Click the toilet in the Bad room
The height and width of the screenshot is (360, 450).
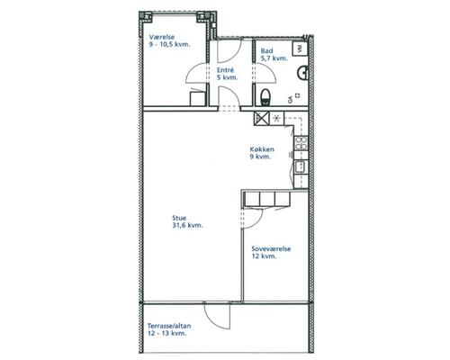(265, 97)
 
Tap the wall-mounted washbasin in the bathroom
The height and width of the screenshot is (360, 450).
(302, 73)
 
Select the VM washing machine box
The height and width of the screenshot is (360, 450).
(300, 49)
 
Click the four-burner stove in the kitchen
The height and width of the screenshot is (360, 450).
(301, 143)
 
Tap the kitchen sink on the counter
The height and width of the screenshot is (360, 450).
(300, 167)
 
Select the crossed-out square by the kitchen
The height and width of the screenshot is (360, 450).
(262, 118)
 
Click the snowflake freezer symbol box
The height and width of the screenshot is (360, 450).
(276, 118)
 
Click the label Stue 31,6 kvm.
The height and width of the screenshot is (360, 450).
(187, 221)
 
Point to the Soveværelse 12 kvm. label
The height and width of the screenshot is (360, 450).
(271, 252)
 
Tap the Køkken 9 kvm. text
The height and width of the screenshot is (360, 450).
(262, 153)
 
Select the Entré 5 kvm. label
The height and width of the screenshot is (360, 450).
(227, 74)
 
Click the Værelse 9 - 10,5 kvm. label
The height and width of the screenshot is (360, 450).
(169, 40)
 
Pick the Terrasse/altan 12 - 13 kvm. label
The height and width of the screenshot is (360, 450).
(169, 329)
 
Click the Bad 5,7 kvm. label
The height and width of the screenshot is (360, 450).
(274, 55)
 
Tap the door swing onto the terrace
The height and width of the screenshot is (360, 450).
(217, 316)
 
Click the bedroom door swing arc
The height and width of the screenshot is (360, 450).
(254, 219)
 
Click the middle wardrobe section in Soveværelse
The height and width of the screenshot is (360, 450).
(267, 199)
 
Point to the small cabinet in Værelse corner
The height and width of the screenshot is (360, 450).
(198, 98)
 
